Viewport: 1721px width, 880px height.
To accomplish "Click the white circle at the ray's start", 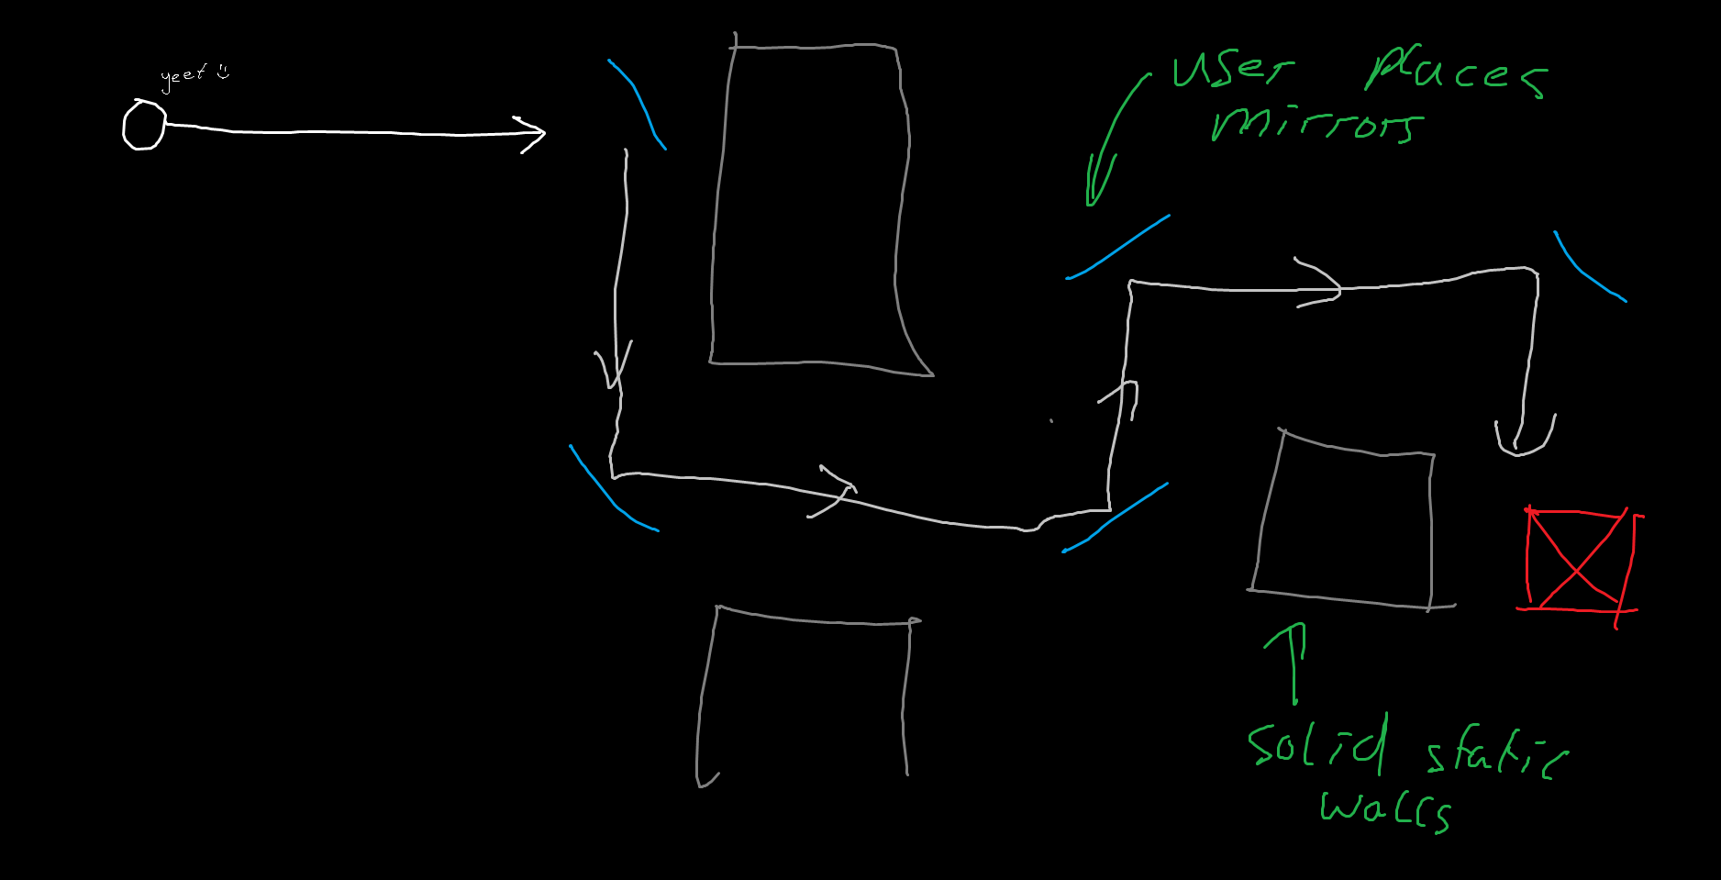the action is pos(144,125).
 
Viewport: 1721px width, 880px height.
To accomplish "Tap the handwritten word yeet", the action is pos(183,76).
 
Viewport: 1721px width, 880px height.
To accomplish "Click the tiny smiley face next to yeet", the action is pos(223,72).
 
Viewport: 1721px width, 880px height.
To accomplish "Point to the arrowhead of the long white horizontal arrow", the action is pos(532,134).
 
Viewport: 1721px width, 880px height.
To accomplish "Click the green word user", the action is pos(1231,69).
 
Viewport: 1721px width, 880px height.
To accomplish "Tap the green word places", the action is pos(1456,72).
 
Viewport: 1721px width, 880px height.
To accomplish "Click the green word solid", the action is pos(1317,743).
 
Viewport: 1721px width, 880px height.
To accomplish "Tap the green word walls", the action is pos(1385,809).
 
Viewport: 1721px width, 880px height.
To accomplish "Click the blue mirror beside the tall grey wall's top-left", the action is pos(638,103).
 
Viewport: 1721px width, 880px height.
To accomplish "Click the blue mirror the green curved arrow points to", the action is pos(1117,248).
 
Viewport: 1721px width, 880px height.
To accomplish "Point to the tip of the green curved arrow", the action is pos(1091,204).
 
